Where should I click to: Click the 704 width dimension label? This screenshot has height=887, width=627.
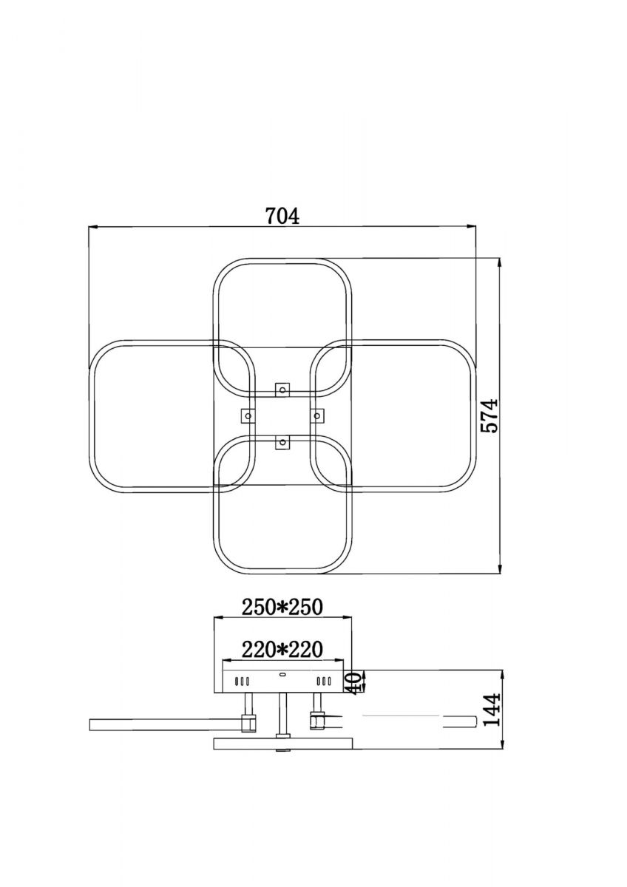click(x=282, y=216)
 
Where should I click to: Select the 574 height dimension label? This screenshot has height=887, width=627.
click(x=489, y=415)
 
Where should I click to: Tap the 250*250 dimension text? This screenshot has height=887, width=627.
click(x=282, y=607)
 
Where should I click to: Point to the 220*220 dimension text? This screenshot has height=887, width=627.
click(x=282, y=650)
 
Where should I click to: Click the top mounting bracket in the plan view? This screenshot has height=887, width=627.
click(x=282, y=390)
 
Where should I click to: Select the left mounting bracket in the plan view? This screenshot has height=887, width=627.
click(x=248, y=415)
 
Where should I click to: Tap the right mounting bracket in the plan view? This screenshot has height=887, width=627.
click(x=317, y=415)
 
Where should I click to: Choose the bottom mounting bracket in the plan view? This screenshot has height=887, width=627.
click(x=282, y=441)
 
